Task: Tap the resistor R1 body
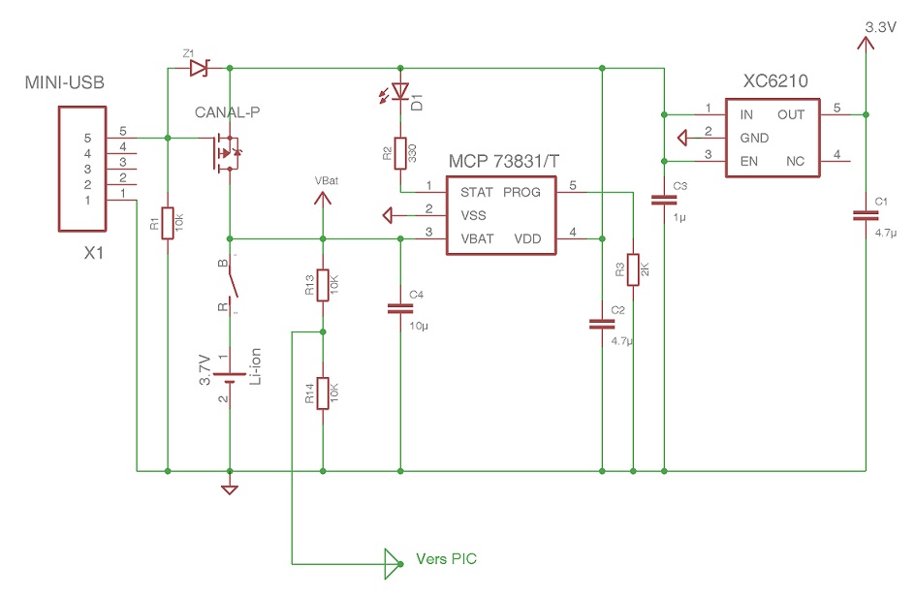point(168,224)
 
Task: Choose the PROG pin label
point(522,191)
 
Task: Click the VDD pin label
point(528,237)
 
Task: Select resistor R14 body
point(324,393)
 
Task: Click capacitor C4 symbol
point(400,309)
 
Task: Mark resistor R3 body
point(632,269)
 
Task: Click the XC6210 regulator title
point(775,82)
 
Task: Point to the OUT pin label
point(791,114)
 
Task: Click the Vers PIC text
point(446,559)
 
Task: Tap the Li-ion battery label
point(255,371)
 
